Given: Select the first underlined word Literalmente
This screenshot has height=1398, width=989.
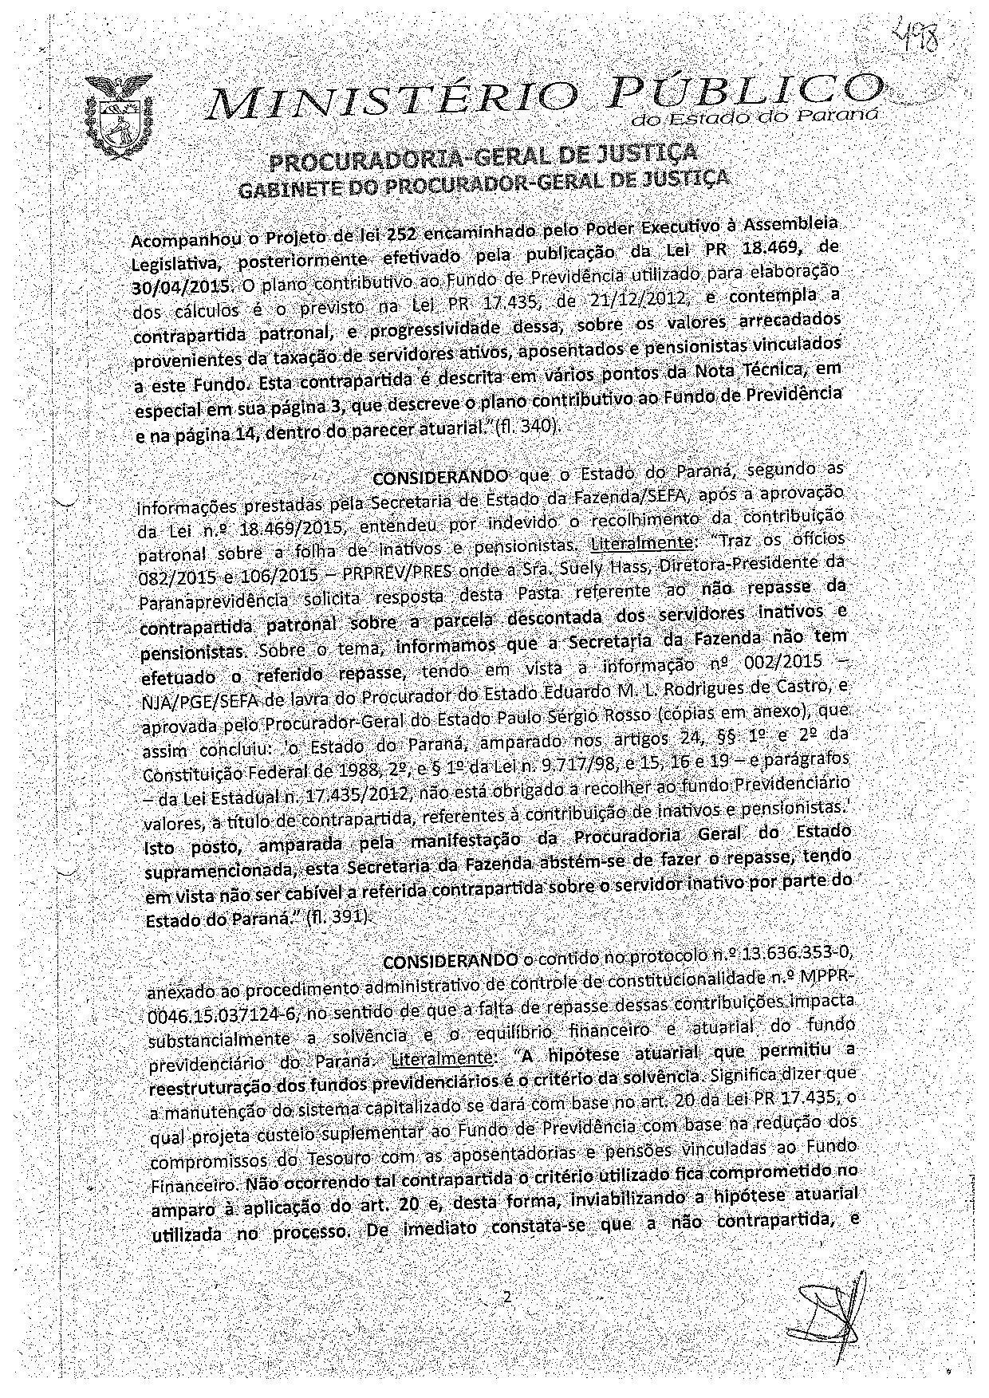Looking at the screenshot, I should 643,542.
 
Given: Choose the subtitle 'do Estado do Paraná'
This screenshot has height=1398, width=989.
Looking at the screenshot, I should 755,118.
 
